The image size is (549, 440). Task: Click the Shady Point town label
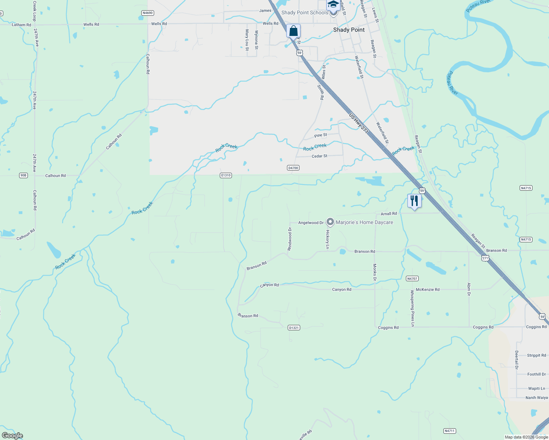click(349, 30)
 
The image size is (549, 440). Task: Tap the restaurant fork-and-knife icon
click(414, 201)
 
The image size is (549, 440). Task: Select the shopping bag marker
click(293, 31)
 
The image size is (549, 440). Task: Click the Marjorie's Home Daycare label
click(364, 222)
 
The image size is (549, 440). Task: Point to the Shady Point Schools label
click(305, 12)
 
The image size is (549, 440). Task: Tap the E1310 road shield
click(226, 175)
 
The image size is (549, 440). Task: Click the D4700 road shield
click(293, 168)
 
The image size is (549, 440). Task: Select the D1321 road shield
click(294, 327)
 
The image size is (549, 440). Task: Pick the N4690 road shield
click(147, 13)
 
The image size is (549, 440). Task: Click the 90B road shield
click(23, 175)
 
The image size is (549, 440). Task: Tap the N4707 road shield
click(412, 279)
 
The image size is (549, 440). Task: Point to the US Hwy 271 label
click(359, 123)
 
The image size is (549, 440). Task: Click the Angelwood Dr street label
click(311, 223)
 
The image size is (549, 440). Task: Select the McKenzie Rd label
click(428, 290)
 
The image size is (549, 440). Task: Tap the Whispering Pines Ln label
click(412, 308)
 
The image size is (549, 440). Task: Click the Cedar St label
click(319, 156)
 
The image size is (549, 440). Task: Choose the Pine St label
click(320, 135)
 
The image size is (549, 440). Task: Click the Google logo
click(12, 436)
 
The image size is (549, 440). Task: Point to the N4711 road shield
click(449, 431)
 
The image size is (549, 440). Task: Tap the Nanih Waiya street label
click(537, 397)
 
